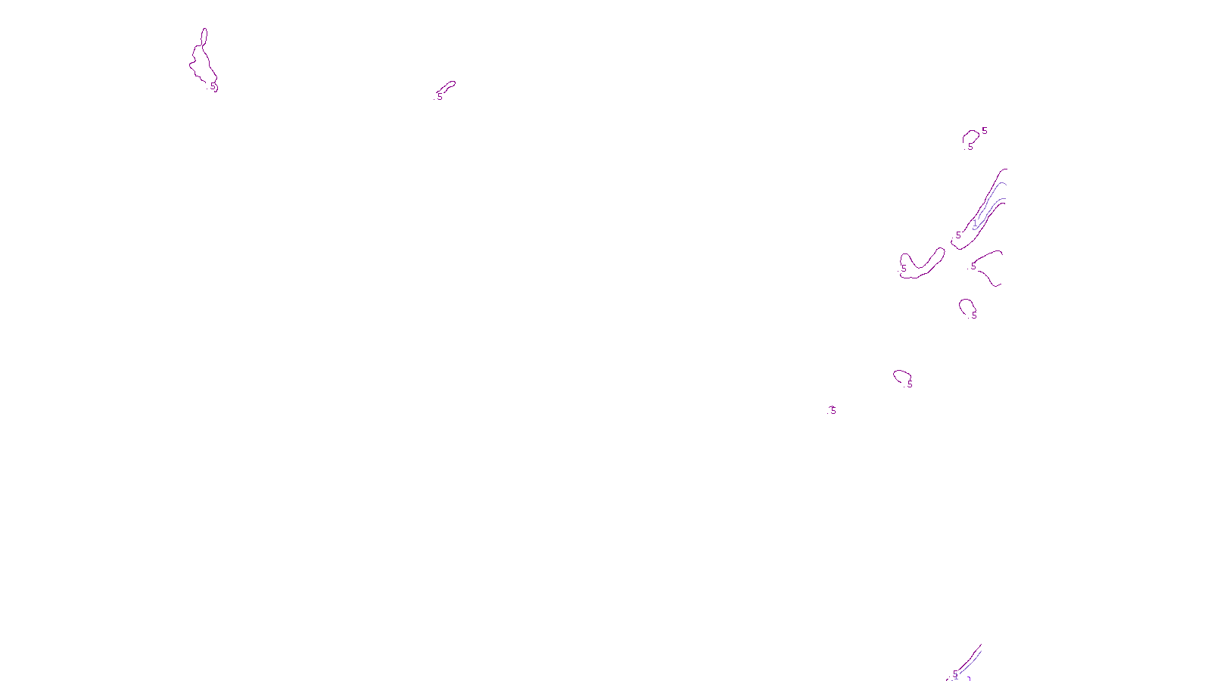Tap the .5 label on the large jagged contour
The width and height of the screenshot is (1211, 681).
pos(213,87)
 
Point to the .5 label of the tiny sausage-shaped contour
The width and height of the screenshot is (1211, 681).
pos(439,97)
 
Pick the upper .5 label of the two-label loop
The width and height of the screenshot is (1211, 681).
pos(984,131)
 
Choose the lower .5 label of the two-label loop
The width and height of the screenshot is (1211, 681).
pos(970,147)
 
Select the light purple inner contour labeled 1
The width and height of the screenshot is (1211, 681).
pos(992,201)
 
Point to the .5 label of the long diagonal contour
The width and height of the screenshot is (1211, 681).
pos(958,235)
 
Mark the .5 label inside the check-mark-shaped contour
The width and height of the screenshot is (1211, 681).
pos(903,268)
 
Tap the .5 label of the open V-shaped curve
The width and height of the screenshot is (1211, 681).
pos(973,266)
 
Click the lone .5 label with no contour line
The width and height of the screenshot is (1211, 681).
pos(833,410)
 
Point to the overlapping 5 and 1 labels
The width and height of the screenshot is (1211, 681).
pos(955,675)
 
